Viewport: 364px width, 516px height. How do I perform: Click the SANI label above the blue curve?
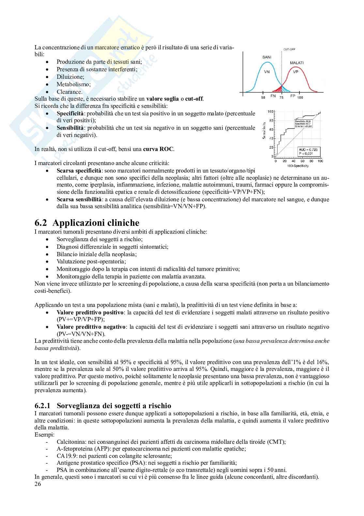(x=267, y=57)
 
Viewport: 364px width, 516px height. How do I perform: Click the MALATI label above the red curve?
(x=296, y=62)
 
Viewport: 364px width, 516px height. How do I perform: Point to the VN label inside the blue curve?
(x=266, y=72)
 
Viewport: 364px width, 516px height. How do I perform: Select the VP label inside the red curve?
(x=296, y=72)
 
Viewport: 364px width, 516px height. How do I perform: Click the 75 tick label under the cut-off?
(x=281, y=97)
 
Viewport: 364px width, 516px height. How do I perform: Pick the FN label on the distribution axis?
(x=273, y=97)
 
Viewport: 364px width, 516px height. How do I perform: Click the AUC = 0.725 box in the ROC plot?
(x=310, y=151)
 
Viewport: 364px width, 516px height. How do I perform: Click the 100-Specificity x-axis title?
(x=298, y=166)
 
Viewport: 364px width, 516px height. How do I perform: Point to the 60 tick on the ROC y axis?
(x=271, y=130)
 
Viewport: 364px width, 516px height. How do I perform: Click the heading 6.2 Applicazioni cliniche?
(x=87, y=223)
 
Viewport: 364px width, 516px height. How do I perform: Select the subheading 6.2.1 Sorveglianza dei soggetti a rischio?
(x=103, y=406)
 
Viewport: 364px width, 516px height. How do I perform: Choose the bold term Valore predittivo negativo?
(x=91, y=327)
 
